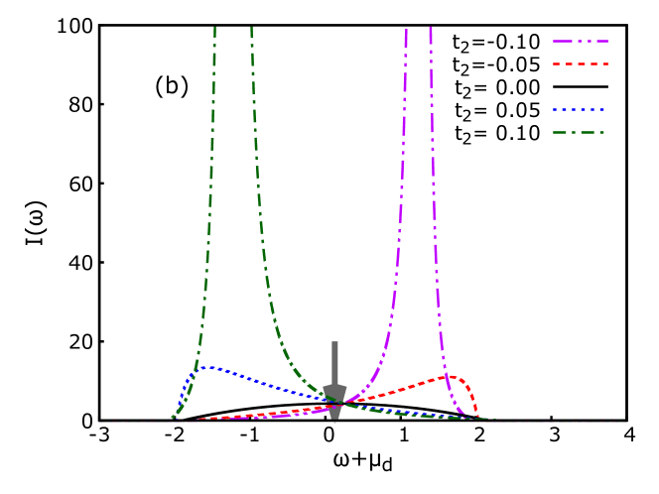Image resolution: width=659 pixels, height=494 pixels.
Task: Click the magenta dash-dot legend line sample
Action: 581,42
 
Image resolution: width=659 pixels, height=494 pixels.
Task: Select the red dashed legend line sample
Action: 581,64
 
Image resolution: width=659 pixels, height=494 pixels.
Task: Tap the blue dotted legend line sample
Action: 580,110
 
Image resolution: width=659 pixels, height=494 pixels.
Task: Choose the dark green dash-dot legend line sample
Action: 580,133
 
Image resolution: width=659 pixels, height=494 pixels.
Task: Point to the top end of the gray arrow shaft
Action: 334,343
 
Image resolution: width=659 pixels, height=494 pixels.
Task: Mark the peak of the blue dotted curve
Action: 210,368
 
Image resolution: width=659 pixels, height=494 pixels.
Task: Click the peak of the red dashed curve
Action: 452,377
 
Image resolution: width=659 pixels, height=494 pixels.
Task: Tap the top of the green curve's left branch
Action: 214,29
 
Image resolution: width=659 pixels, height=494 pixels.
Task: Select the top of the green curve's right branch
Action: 251,29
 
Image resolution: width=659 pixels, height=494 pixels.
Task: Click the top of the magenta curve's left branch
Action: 406,31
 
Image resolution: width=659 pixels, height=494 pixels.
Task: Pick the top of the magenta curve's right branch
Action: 430,29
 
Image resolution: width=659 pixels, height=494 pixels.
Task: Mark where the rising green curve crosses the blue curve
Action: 198,370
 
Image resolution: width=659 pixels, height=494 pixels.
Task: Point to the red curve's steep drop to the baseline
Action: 474,402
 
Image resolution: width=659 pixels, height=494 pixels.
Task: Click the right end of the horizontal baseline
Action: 626,422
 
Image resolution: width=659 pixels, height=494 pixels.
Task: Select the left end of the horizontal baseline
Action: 100,422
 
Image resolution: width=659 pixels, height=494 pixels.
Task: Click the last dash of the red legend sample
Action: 603,64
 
